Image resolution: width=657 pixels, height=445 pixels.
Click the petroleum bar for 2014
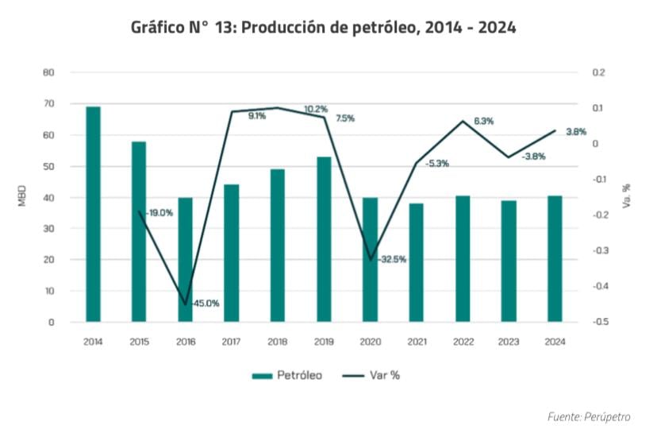pyautogui.click(x=93, y=214)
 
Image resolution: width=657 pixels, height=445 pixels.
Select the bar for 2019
pyautogui.click(x=324, y=239)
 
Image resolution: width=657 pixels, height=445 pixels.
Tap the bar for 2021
pyautogui.click(x=417, y=262)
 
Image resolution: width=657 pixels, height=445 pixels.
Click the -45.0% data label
pyautogui.click(x=205, y=303)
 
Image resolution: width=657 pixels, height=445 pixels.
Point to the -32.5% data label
pyautogui.click(x=392, y=259)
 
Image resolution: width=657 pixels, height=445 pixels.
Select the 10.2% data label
pyautogui.click(x=316, y=109)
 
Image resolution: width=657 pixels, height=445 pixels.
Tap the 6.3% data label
pyautogui.click(x=483, y=121)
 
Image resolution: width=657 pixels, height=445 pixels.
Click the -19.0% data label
pyautogui.click(x=159, y=213)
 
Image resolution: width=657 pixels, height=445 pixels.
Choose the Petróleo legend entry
pyautogui.click(x=287, y=375)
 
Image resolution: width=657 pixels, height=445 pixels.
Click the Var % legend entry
pyautogui.click(x=375, y=375)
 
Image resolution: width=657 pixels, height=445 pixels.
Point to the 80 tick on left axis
pyautogui.click(x=48, y=72)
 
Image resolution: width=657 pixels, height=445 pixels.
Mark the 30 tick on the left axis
pyautogui.click(x=48, y=229)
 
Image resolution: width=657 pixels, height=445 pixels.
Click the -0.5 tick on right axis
pyautogui.click(x=599, y=323)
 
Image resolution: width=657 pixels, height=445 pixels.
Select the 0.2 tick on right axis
pyautogui.click(x=599, y=72)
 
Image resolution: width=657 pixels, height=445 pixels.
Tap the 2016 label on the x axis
pyautogui.click(x=185, y=342)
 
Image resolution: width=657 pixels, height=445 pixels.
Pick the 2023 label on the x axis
pyautogui.click(x=509, y=342)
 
